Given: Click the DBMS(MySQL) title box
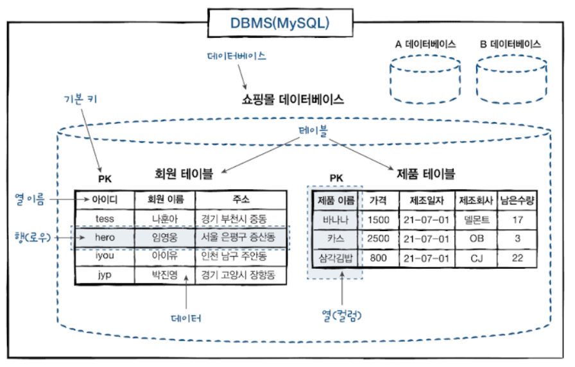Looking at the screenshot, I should coord(280,24).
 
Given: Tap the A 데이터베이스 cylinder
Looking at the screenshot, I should coord(425,78).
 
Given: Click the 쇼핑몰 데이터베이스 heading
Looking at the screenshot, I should coord(293,100).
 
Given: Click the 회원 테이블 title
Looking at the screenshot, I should coord(184,173).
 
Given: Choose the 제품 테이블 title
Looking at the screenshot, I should coord(425,173).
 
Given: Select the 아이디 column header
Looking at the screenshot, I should coord(105,199).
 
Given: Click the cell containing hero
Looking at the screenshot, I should coord(105,237).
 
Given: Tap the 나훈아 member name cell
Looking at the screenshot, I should coord(164,218).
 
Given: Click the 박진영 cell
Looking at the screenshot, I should coord(164,275).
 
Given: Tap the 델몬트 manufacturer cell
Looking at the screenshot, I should coord(476,219).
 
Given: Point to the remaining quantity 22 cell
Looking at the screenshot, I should coord(518,258).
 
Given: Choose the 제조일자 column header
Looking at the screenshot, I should coord(427,200).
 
